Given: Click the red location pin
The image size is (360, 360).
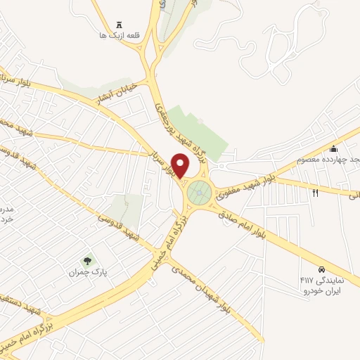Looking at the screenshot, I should [x=181, y=165].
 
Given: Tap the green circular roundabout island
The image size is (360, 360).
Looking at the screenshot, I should [x=200, y=191].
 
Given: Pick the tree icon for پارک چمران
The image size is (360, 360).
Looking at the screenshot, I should [x=87, y=261].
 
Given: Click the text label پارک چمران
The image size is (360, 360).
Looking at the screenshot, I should [x=87, y=271].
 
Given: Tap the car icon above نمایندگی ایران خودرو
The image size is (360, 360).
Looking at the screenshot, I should [x=321, y=269].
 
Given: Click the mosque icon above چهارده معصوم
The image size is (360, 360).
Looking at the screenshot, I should [x=333, y=148].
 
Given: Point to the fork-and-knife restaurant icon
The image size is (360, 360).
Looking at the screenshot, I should [x=315, y=192].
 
